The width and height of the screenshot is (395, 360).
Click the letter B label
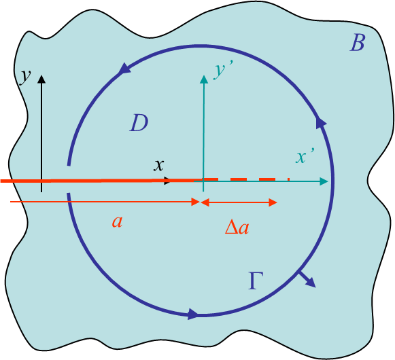pos(358,43)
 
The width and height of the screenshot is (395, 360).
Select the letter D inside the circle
pos(139,123)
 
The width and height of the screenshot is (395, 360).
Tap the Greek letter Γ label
pos(256,281)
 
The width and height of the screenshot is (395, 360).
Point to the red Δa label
pos(237,227)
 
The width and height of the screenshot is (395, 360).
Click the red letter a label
pos(118,222)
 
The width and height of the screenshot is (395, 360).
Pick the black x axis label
pos(159,166)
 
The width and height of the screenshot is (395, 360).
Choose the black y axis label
pos(25,76)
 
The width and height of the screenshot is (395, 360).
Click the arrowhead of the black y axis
pos(41,79)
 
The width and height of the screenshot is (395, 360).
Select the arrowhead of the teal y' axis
pos(204,79)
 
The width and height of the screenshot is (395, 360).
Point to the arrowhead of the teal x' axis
pos(324,181)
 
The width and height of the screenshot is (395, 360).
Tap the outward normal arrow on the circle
pos(307,279)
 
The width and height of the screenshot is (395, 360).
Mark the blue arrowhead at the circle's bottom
pos(194,314)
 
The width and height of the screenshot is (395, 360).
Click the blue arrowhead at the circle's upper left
pos(124,69)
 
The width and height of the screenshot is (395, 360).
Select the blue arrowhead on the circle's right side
pos(321,124)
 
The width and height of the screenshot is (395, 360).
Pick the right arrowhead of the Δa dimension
pos(273,202)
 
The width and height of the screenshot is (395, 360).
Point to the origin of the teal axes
pos(203,181)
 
